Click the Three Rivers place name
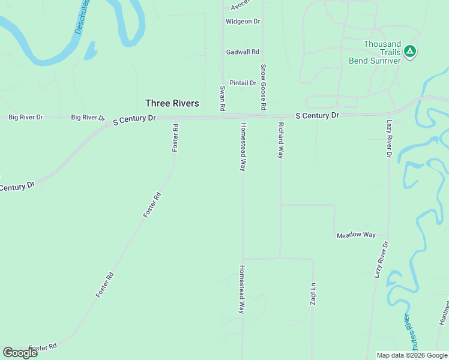click(172, 103)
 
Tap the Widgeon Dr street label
click(243, 22)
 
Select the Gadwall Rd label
click(243, 52)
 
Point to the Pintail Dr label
click(243, 83)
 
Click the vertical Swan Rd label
click(222, 98)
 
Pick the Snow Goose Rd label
click(263, 87)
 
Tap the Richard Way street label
click(280, 140)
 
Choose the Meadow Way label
click(356, 235)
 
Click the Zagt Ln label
click(313, 294)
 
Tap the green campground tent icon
click(410, 52)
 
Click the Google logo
click(20, 353)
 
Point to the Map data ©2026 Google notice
click(411, 355)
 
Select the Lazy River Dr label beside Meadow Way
click(382, 260)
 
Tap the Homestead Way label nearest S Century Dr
click(243, 148)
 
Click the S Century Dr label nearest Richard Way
click(318, 115)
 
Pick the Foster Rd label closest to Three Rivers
click(175, 137)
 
